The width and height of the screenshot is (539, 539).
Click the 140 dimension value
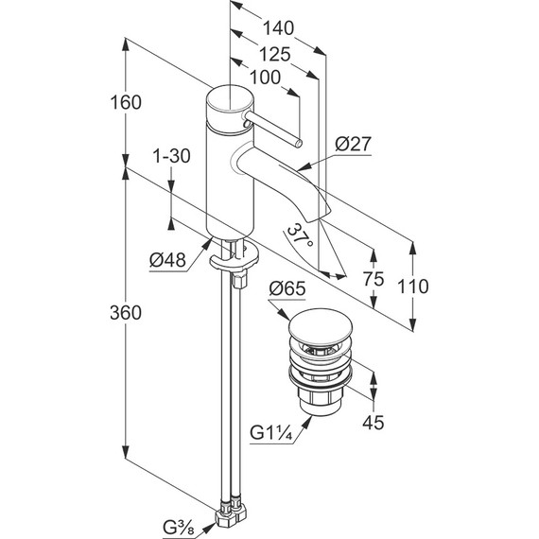[278, 28]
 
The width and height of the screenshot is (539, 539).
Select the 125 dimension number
[274, 55]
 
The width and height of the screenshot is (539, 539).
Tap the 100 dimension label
[265, 78]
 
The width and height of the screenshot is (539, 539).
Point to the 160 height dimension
[126, 102]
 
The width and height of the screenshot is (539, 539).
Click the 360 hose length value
[126, 313]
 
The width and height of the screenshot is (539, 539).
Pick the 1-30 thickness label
[171, 156]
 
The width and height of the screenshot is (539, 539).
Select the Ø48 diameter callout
[167, 260]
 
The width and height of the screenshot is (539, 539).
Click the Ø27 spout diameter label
[354, 144]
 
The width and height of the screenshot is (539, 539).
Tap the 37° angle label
[300, 235]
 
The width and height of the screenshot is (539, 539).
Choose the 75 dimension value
[374, 279]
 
